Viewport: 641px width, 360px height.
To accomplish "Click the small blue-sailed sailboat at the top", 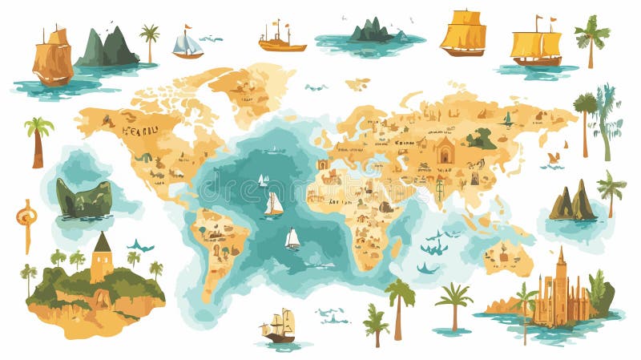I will point(187,45).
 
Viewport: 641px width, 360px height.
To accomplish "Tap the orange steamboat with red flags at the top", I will point(281,39).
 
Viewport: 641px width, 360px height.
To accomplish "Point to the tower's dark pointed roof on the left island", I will point(102,242).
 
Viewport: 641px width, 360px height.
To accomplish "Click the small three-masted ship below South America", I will point(278,327).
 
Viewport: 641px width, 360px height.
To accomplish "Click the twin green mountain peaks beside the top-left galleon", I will point(107,47).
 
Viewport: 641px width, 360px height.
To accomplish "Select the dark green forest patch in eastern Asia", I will point(482,139).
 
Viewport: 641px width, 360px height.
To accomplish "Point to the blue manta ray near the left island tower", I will point(141,245).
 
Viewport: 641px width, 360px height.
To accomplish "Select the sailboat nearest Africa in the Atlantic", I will point(292,237).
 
